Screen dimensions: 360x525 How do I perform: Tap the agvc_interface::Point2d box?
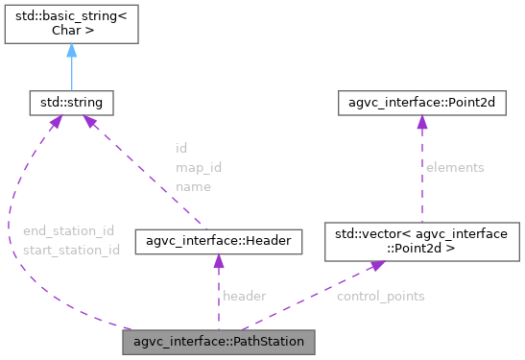[x=418, y=100]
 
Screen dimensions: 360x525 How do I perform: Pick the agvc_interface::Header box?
[x=220, y=242]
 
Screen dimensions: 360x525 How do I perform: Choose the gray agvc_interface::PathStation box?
[x=220, y=341]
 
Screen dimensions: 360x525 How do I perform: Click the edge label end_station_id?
[x=68, y=230]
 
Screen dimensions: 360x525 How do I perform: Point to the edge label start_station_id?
[x=71, y=250]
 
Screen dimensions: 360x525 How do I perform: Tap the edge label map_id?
[x=198, y=167]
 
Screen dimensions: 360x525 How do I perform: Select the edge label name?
[x=193, y=186]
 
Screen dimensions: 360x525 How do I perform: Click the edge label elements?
[x=456, y=167]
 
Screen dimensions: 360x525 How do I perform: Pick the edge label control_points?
[x=380, y=296]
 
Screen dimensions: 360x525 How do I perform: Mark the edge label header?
[x=244, y=296]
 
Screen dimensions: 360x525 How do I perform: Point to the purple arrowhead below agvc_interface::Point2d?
[x=418, y=120]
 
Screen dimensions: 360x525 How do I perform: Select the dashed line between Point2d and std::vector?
[x=418, y=178]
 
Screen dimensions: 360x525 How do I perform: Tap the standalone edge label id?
[x=180, y=148]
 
